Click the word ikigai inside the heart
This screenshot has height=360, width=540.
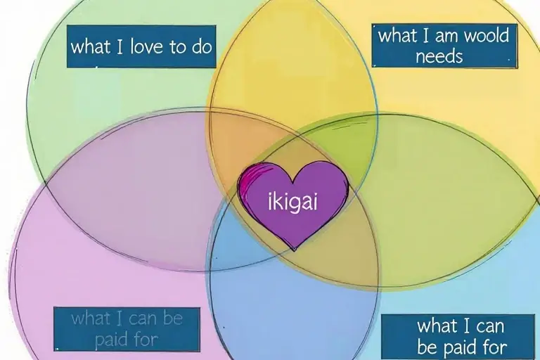(x=293, y=202)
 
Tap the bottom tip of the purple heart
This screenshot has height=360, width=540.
(x=294, y=249)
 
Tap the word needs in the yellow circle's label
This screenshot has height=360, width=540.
(x=439, y=57)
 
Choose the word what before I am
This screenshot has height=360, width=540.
(x=398, y=36)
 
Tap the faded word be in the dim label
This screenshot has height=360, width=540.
(x=172, y=319)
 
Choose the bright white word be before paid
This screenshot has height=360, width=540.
(x=427, y=347)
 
